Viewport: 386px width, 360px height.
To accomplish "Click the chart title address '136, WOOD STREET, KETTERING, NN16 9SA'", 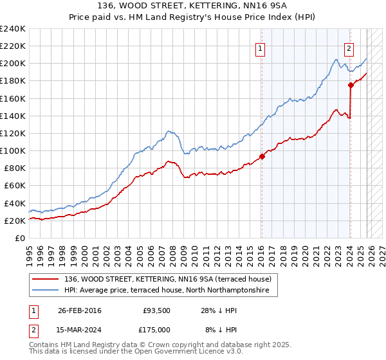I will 193,6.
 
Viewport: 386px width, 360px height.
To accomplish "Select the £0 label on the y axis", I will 20,238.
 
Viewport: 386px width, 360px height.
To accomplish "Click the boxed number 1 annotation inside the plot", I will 261,48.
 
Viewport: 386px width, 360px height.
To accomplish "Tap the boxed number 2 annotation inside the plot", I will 349,48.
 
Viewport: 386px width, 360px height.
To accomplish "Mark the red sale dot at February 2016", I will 262,156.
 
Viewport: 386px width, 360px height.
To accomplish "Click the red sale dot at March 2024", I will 351,85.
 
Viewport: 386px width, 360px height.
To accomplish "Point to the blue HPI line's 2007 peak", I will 169,131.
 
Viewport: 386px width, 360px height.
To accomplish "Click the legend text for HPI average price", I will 170,291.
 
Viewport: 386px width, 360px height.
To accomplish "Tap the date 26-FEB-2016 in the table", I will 79,311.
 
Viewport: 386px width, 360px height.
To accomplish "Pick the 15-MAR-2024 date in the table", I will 79,329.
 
